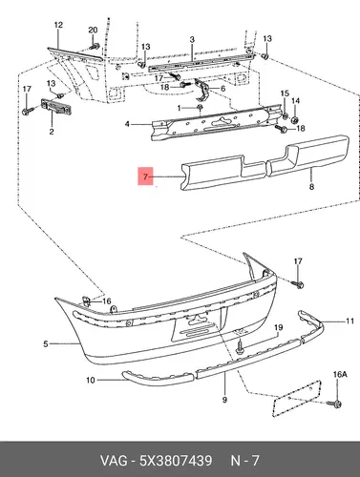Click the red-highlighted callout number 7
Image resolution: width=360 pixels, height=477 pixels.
pyautogui.click(x=145, y=176)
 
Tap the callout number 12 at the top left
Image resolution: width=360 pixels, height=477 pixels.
pyautogui.click(x=59, y=25)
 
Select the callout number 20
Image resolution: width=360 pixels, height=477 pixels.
pyautogui.click(x=93, y=31)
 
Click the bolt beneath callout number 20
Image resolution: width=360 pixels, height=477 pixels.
pyautogui.click(x=95, y=46)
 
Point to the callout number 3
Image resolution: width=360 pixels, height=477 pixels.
pyautogui.click(x=192, y=40)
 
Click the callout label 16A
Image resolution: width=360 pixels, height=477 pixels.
pyautogui.click(x=340, y=375)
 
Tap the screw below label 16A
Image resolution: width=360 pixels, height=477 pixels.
pyautogui.click(x=335, y=404)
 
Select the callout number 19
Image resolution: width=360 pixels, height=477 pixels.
pyautogui.click(x=279, y=327)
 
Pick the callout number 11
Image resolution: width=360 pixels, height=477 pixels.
pyautogui.click(x=349, y=321)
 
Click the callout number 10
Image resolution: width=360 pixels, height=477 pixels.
pyautogui.click(x=91, y=380)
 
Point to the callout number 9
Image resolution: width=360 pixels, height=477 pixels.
pyautogui.click(x=224, y=400)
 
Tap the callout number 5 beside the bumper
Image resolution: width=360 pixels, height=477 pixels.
pyautogui.click(x=46, y=343)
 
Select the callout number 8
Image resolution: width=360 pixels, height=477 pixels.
pyautogui.click(x=311, y=186)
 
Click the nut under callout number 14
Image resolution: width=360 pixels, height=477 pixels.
pyautogui.click(x=295, y=120)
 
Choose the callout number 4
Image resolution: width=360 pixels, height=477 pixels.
pyautogui.click(x=127, y=124)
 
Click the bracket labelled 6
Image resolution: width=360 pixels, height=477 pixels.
pyautogui.click(x=201, y=90)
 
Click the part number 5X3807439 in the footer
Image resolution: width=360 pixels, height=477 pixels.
pyautogui.click(x=176, y=461)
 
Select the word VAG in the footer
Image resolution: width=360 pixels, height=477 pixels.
pyautogui.click(x=114, y=461)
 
